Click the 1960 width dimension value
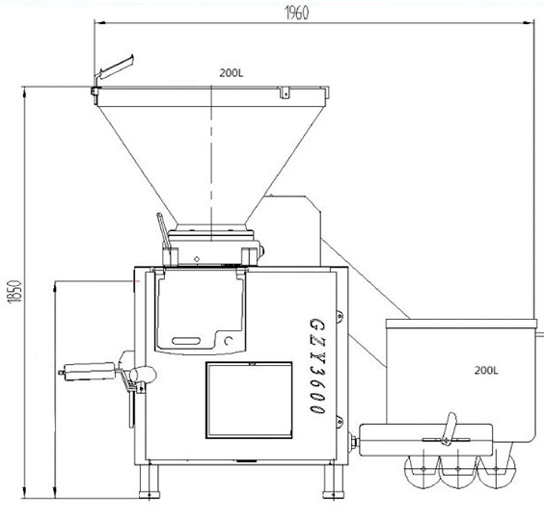[x=297, y=13]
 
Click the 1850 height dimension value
[x=14, y=291]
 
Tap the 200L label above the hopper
[x=231, y=73]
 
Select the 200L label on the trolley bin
[x=486, y=371]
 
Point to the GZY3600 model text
[x=317, y=366]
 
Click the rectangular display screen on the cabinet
[x=249, y=400]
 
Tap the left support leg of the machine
[x=150, y=482]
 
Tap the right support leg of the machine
[x=333, y=482]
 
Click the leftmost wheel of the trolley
[x=422, y=470]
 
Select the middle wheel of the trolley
[x=458, y=470]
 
